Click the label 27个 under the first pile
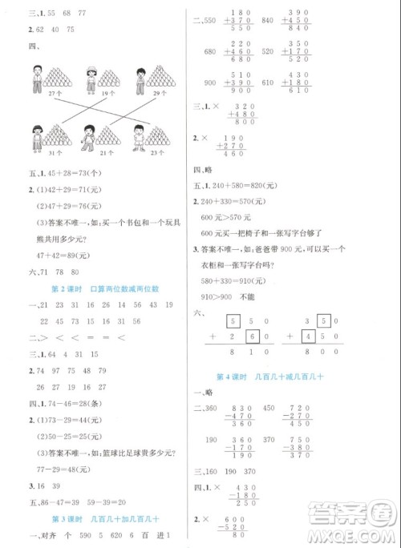(x=33, y=94)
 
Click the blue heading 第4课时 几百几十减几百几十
(x=292, y=377)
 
